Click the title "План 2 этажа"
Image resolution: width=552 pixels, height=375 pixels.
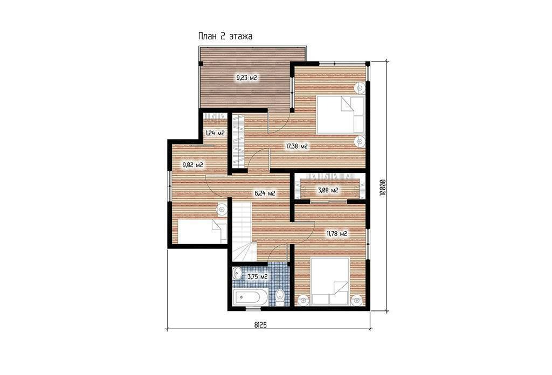pos(225,36)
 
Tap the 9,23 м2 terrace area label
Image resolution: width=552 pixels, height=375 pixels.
pos(247,78)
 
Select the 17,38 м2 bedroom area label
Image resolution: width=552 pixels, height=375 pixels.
pos(297,147)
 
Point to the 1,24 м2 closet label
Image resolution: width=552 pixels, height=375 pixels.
pos(215,133)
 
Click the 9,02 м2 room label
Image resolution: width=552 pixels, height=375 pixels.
pos(192,165)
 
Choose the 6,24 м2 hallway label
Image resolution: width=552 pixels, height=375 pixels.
pos(264,193)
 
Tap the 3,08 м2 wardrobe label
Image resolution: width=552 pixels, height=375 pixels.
pos(328,190)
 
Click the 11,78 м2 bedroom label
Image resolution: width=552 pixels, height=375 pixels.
pos(337,233)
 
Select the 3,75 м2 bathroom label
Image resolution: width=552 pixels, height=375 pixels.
pos(257,277)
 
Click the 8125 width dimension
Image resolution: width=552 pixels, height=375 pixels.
pos(260,325)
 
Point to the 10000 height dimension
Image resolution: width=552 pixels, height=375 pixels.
pos(383,188)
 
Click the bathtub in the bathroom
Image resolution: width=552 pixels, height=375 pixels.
pos(247,297)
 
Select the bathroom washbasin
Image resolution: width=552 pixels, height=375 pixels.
pos(237,273)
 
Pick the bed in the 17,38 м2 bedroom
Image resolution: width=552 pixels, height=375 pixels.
pos(341,114)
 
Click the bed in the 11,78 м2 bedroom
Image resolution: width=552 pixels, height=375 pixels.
pos(330,281)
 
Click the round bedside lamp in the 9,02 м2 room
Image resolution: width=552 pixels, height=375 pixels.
pos(222,209)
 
